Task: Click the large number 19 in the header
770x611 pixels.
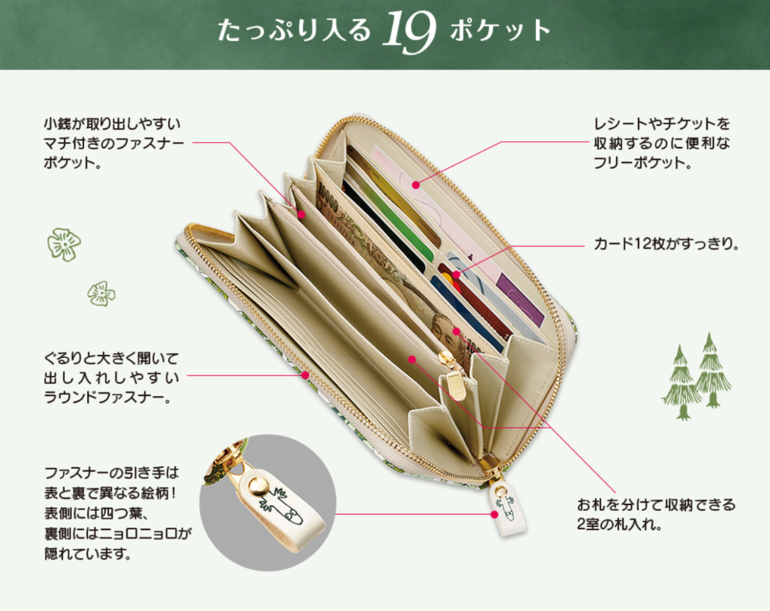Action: click(x=409, y=32)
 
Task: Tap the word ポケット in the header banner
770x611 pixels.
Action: click(x=501, y=30)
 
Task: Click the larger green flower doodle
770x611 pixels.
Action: click(x=64, y=245)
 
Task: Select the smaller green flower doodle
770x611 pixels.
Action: click(x=101, y=293)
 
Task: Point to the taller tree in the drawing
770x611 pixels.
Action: click(x=712, y=370)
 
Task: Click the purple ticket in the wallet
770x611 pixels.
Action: click(x=520, y=300)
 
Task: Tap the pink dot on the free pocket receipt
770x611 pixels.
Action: click(x=415, y=185)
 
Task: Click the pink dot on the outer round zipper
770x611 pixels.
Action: click(x=305, y=375)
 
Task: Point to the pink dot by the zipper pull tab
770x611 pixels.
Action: click(x=495, y=514)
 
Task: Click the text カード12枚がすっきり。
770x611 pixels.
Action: click(x=666, y=245)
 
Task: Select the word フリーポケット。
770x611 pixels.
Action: click(x=643, y=163)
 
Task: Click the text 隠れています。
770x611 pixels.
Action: click(x=88, y=554)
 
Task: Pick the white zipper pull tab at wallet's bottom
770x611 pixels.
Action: click(x=508, y=509)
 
